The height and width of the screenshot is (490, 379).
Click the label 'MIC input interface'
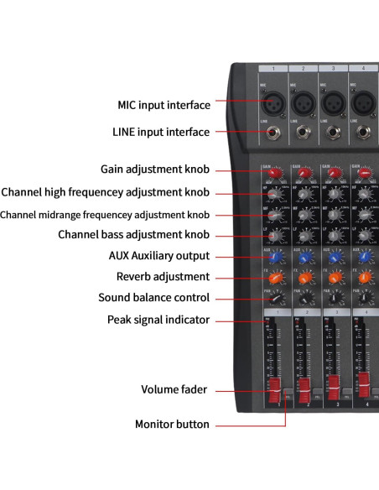click(x=163, y=105)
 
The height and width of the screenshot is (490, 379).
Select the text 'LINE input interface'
click(x=161, y=132)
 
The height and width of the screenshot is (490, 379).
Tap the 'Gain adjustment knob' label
click(x=155, y=169)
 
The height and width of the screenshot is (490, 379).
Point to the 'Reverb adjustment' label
click(x=163, y=276)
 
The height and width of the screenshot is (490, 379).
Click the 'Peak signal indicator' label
click(x=158, y=319)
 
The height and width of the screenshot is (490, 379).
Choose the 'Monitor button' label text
click(x=172, y=424)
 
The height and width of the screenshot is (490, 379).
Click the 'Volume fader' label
click(x=175, y=389)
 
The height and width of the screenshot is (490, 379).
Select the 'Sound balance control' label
click(x=153, y=297)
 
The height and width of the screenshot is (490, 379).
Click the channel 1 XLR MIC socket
click(x=274, y=102)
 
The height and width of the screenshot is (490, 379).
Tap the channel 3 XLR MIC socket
click(x=334, y=102)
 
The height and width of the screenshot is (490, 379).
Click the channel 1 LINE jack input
click(x=274, y=132)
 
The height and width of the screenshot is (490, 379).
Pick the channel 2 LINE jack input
click(x=304, y=132)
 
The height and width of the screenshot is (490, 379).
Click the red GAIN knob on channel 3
click(x=334, y=174)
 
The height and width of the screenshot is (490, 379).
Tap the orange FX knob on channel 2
click(x=304, y=278)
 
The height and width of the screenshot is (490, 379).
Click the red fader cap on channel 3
click(x=334, y=387)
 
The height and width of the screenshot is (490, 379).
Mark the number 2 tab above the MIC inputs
click(x=304, y=67)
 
